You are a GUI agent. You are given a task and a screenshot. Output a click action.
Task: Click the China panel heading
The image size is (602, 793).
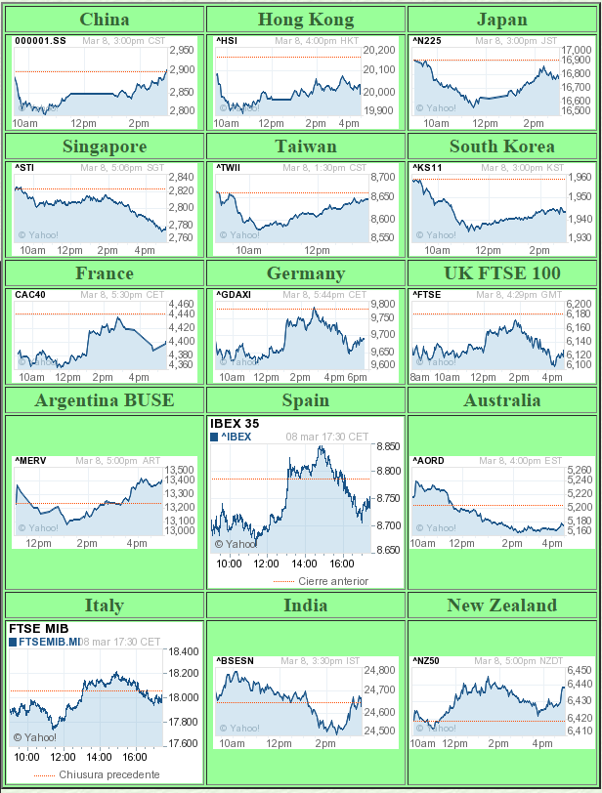pyautogui.click(x=105, y=20)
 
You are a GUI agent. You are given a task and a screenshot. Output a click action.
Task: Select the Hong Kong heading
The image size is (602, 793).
pyautogui.click(x=306, y=20)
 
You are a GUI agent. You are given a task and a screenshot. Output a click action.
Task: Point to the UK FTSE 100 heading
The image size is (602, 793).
pyautogui.click(x=502, y=273)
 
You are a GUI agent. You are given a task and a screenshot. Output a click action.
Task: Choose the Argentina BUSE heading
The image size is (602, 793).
pyautogui.click(x=105, y=400)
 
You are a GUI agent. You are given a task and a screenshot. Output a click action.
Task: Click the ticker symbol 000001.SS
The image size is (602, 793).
pyautogui.click(x=40, y=41)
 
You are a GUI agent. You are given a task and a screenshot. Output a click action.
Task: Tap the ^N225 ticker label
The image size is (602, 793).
pyautogui.click(x=427, y=41)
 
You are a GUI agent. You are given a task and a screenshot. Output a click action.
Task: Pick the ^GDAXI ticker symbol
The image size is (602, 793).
pyautogui.click(x=234, y=295)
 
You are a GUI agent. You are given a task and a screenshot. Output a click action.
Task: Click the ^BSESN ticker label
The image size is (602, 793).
pyautogui.click(x=235, y=661)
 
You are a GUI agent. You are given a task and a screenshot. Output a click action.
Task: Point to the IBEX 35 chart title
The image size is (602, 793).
pyautogui.click(x=236, y=424)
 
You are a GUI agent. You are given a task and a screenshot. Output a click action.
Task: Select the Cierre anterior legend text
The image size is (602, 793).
pyautogui.click(x=333, y=581)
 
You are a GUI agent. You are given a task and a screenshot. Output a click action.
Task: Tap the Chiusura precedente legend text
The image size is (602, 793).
pyautogui.click(x=107, y=774)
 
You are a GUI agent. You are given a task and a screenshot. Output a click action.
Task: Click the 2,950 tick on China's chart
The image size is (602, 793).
pyautogui.click(x=182, y=50)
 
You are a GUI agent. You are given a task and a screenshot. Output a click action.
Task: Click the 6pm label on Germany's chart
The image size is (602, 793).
pyautogui.click(x=358, y=377)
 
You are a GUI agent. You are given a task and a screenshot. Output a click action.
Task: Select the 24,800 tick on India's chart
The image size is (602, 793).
pyautogui.click(x=379, y=670)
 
